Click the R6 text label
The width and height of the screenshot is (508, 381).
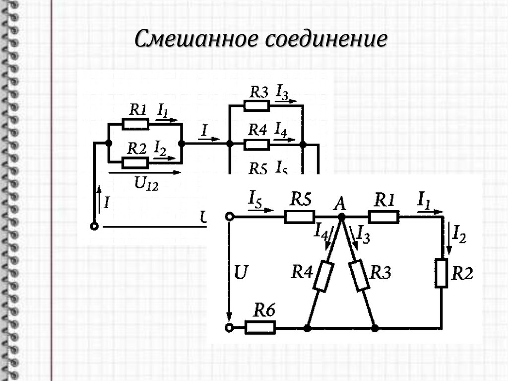coord(264,310)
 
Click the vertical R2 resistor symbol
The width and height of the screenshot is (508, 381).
coord(442,273)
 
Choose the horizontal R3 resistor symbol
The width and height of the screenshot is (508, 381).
coord(256,106)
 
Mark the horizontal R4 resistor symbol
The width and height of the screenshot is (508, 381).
coord(256,144)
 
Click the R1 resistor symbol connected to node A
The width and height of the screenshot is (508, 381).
coord(383,217)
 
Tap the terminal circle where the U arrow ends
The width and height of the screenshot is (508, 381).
coord(229,328)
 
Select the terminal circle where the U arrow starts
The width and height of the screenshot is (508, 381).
coord(229,217)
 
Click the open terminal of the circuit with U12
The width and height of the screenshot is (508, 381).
coord(94,227)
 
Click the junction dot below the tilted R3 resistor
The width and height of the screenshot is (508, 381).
coord(375,328)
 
